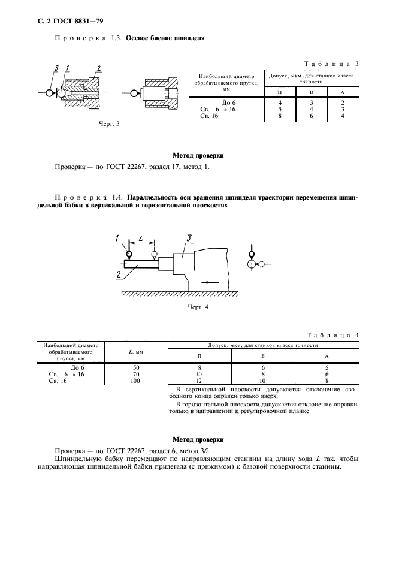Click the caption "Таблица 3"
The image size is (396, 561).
[x=331, y=64]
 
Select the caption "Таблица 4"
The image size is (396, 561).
[x=331, y=335]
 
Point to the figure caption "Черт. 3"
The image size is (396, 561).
[x=110, y=124]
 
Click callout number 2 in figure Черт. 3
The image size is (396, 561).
[x=98, y=68]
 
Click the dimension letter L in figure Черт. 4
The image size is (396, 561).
[x=140, y=239]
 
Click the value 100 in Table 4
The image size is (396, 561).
[x=136, y=381]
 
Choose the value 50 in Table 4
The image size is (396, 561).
[x=136, y=367]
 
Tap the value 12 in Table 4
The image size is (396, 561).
[x=199, y=381]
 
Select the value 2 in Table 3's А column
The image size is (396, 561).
[x=342, y=103]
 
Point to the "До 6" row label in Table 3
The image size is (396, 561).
[x=229, y=103]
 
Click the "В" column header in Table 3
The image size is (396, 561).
[x=310, y=92]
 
